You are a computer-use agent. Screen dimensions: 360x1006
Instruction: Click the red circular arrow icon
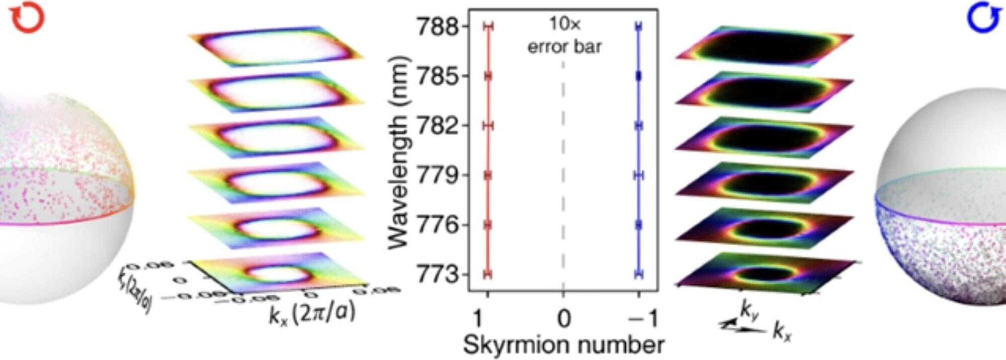point(27,19)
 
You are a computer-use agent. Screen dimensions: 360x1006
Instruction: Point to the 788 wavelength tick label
point(438,27)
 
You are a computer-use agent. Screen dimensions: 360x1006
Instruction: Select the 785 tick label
point(438,76)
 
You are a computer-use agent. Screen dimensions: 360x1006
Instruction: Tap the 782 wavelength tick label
point(438,126)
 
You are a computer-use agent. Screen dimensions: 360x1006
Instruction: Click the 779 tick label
point(438,175)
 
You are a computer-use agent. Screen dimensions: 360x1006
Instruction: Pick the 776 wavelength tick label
point(438,225)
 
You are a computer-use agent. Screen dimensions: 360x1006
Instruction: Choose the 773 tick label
point(438,275)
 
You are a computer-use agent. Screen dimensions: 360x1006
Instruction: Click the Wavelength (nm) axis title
point(398,151)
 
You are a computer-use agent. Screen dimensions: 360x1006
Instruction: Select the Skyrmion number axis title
point(563,345)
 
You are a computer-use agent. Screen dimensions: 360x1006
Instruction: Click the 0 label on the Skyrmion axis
point(564,318)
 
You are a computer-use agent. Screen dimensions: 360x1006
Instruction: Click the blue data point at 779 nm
point(639,175)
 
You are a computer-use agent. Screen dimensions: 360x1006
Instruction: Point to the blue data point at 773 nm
point(639,274)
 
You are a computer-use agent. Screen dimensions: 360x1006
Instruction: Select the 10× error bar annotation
point(564,35)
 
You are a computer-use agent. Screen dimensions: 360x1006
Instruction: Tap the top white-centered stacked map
point(276,46)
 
